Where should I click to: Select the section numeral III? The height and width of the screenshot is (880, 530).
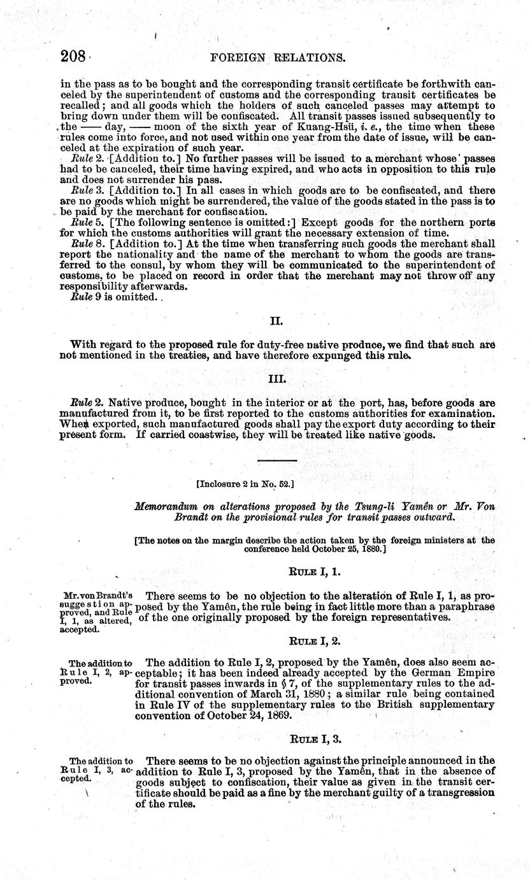(x=280, y=379)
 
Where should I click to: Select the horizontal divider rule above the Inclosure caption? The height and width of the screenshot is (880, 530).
(x=276, y=460)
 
